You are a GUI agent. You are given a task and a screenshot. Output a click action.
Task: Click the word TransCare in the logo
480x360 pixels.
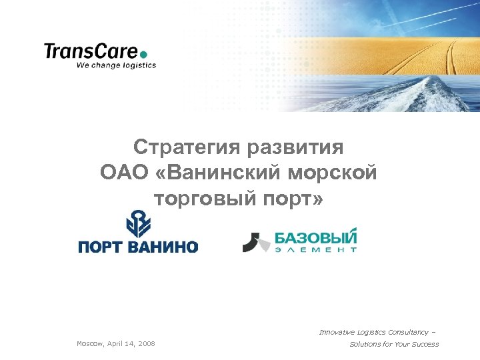[x=91, y=51]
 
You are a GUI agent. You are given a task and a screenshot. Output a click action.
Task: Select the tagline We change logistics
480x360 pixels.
[x=116, y=65]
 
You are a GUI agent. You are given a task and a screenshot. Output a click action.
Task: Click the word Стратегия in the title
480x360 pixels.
[x=187, y=147]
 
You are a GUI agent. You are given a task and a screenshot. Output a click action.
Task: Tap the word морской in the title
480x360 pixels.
[x=333, y=173]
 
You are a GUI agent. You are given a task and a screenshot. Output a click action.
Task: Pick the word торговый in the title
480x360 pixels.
[x=200, y=198]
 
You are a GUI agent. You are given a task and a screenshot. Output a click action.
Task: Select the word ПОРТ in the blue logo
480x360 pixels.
[x=101, y=247]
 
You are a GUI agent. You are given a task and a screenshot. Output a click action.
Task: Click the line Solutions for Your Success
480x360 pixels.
[x=394, y=344]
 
